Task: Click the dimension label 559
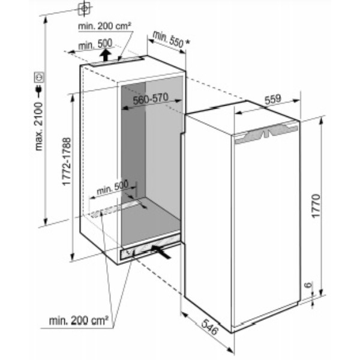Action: click(x=273, y=100)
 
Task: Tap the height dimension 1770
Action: click(x=316, y=206)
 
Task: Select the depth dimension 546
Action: click(x=209, y=327)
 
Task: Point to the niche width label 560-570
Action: click(x=151, y=99)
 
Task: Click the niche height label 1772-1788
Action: click(x=67, y=161)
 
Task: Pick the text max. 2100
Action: click(x=39, y=127)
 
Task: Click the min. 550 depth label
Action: click(x=168, y=39)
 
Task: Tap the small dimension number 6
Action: click(x=308, y=285)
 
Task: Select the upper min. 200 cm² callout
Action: click(x=104, y=26)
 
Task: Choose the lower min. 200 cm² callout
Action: click(x=79, y=320)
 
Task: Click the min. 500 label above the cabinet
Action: click(x=95, y=44)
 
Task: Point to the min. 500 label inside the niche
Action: click(x=113, y=188)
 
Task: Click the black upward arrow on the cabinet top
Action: click(x=106, y=55)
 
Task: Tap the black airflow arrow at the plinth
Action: click(x=161, y=251)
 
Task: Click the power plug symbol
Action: click(x=39, y=91)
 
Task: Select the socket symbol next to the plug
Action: click(x=39, y=77)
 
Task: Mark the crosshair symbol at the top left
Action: click(x=85, y=8)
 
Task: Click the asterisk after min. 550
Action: click(x=188, y=42)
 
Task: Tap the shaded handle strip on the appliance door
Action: click(x=266, y=133)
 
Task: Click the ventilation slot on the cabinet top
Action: click(x=116, y=62)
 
